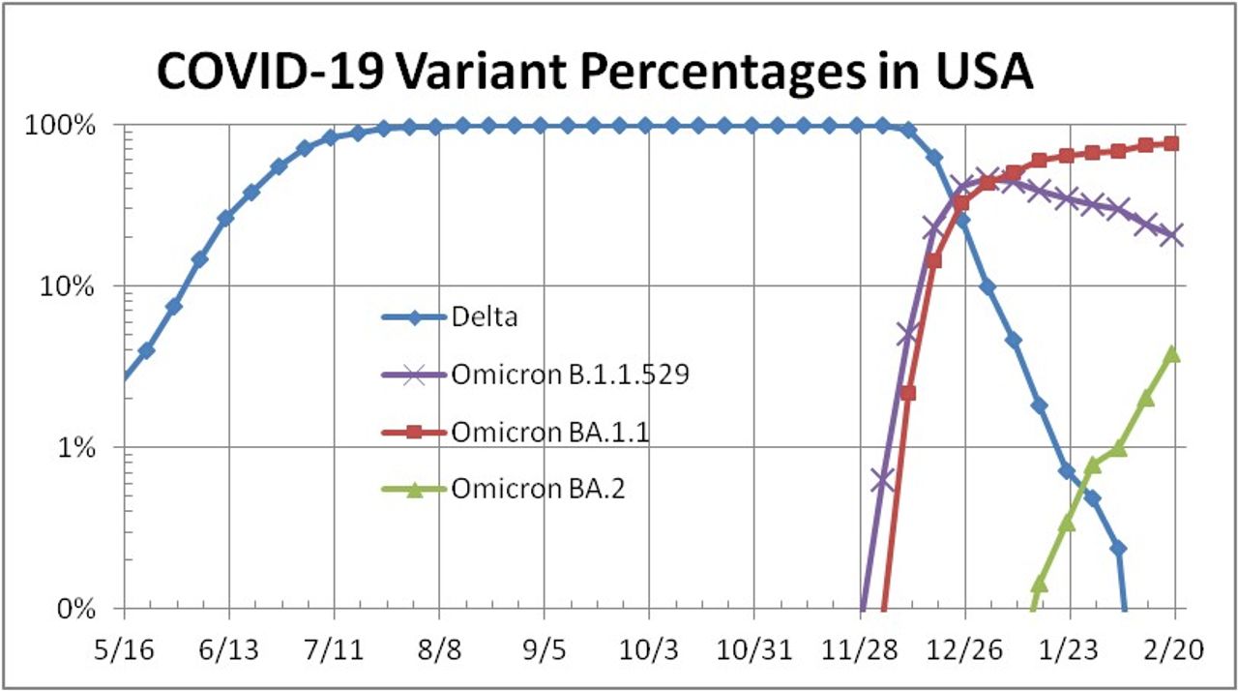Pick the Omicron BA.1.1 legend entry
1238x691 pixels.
tap(549, 433)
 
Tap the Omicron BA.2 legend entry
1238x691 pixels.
tap(538, 490)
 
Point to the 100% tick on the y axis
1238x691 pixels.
tap(70, 126)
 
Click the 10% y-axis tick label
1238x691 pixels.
tap(75, 287)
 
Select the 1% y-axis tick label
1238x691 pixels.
tap(81, 448)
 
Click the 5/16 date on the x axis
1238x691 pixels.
tap(124, 649)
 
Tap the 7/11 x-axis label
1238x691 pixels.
tap(334, 649)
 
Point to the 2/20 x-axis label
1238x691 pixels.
tap(1174, 649)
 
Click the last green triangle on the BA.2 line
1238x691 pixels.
tap(1173, 353)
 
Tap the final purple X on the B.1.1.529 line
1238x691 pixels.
tap(1174, 235)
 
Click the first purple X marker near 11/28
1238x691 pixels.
tap(881, 479)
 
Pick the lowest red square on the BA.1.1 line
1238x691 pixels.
tap(907, 393)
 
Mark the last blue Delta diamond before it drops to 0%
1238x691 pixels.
tap(1118, 549)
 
